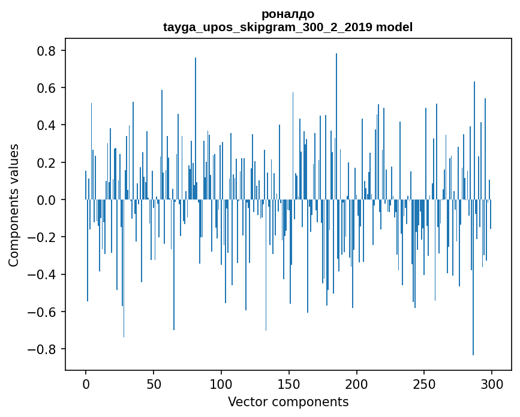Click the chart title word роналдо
288,14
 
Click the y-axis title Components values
14,205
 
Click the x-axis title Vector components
288,401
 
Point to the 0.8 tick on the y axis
47,51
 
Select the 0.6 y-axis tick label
47,88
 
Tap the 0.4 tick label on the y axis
47,125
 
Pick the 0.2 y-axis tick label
47,162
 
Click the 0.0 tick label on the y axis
47,200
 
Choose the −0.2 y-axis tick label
43,237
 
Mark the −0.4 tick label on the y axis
43,274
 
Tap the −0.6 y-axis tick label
43,312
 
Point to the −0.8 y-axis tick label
43,349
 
